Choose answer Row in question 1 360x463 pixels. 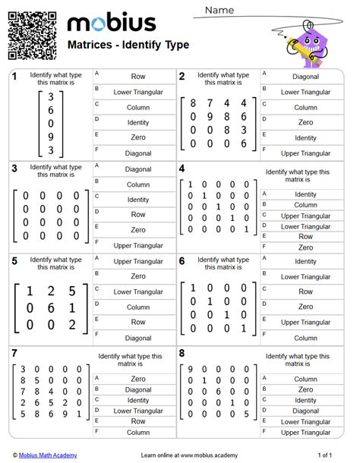pos(137,76)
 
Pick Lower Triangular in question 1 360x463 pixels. pos(137,91)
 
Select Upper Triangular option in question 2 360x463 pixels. pos(305,153)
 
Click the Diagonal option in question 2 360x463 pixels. pos(305,76)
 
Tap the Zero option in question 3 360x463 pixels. pos(137,230)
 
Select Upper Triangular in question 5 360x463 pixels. pos(137,261)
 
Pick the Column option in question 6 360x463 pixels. pos(305,338)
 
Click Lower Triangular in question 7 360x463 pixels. pos(137,411)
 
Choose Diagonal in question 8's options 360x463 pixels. pos(305,411)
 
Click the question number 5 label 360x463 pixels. pos(14,261)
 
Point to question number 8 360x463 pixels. pos(182,354)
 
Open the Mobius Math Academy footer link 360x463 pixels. pos(51,455)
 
